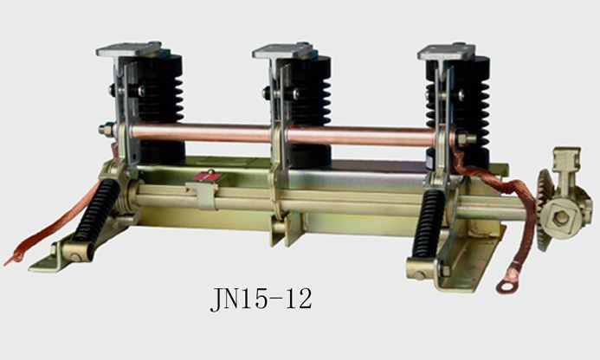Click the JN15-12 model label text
click(x=261, y=299)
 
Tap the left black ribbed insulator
click(x=160, y=109)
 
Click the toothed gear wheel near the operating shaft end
click(x=544, y=209)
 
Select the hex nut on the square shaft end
click(x=560, y=218)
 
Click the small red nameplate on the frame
click(x=207, y=177)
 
